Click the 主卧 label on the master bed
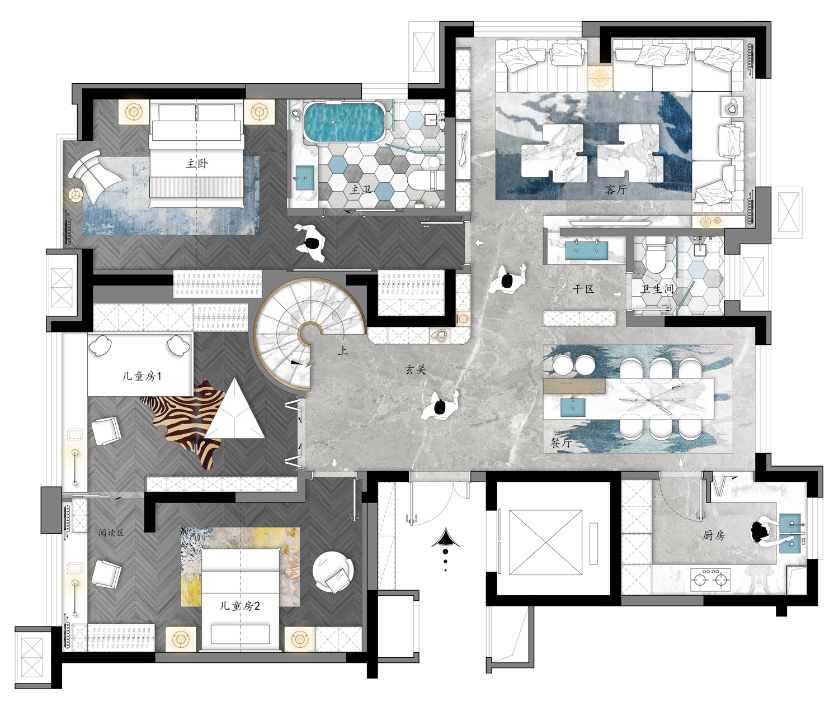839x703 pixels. click(197, 163)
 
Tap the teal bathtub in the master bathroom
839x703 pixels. click(344, 122)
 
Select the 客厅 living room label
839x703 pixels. click(616, 189)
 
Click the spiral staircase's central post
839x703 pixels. click(310, 334)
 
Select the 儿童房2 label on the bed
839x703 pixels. click(239, 605)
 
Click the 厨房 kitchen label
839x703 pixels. click(714, 535)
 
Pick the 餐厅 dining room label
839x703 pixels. click(561, 443)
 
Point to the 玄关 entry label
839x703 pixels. click(415, 369)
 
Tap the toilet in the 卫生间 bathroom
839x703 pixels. click(656, 254)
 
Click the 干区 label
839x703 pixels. click(583, 289)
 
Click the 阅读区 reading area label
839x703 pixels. click(111, 533)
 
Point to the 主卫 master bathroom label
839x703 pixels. click(360, 189)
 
